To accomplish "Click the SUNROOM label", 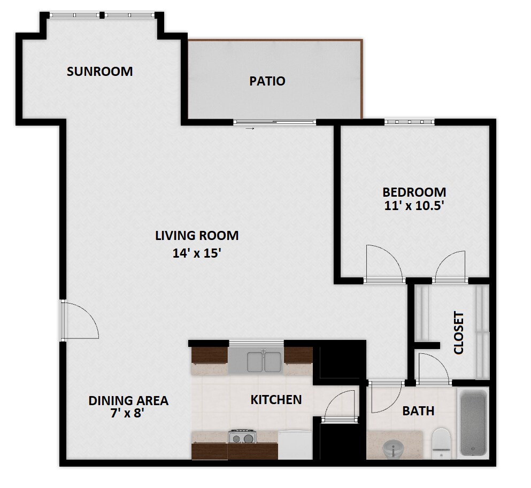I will [x=99, y=72].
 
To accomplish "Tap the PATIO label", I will [x=267, y=81].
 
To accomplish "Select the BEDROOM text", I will [x=414, y=192].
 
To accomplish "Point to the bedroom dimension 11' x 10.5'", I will [x=414, y=206].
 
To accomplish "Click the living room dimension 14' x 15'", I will [x=197, y=253].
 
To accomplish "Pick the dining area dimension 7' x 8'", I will [x=128, y=413].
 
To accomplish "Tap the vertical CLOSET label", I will [x=458, y=333].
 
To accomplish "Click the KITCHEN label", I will [x=276, y=399].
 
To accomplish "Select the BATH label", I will [x=418, y=411].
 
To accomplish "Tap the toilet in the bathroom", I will [x=442, y=442].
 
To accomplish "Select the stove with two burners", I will [x=241, y=437].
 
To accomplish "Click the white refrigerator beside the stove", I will [x=295, y=445].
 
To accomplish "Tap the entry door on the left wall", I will [x=64, y=320].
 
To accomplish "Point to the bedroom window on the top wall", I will [x=409, y=122].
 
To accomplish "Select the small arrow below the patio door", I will [x=249, y=129].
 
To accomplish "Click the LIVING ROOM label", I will [x=197, y=235].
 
